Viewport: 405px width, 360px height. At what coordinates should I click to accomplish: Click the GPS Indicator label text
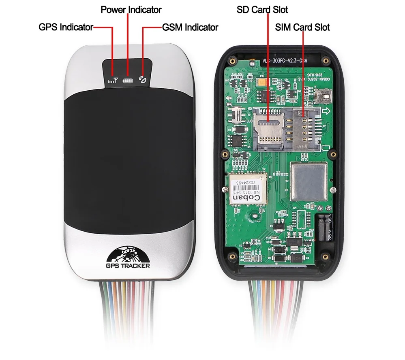click(x=66, y=27)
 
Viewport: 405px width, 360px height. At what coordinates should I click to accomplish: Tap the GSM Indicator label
click(x=190, y=27)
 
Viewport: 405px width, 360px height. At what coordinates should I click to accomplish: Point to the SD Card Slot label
click(x=262, y=9)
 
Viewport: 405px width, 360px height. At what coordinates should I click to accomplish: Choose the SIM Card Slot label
click(x=302, y=27)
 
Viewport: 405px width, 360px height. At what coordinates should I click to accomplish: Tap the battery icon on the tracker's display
click(x=128, y=80)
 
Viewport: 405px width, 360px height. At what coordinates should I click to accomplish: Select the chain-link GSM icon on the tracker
click(x=143, y=80)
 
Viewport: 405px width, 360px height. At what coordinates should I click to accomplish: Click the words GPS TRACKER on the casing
click(x=128, y=266)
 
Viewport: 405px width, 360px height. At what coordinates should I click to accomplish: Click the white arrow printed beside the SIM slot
click(x=328, y=111)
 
